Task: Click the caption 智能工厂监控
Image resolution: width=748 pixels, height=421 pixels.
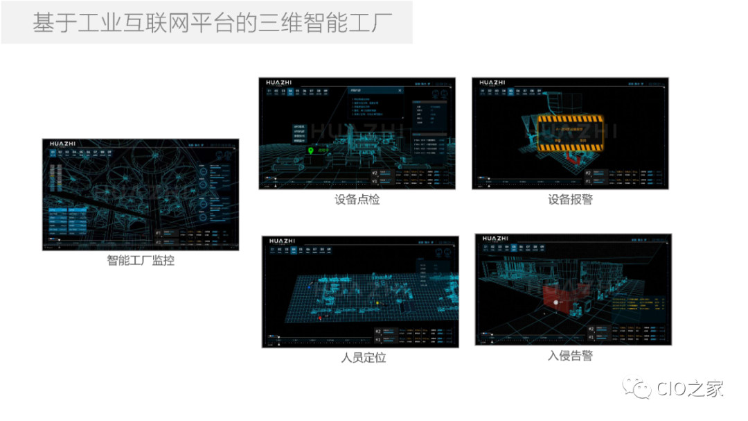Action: pos(141,261)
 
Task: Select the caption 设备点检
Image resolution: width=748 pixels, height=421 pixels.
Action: pos(357,200)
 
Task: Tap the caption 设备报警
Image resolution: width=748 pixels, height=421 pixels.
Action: pos(570,200)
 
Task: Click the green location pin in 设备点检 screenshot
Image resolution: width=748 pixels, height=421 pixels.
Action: pos(311,150)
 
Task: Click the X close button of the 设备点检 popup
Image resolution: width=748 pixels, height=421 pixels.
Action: pos(400,90)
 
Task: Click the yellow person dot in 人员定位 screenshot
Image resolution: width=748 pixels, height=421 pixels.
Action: pos(377,303)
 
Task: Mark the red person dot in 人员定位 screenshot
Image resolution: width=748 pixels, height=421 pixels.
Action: pos(319,317)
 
